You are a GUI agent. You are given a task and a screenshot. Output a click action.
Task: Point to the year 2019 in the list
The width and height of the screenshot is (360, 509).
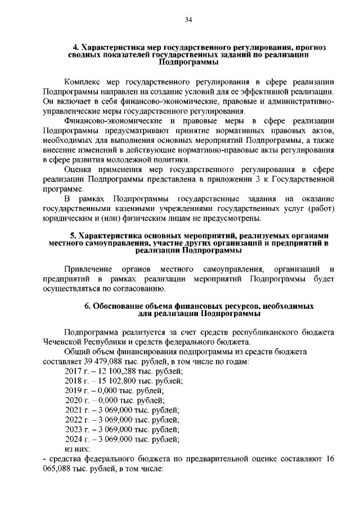74,392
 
